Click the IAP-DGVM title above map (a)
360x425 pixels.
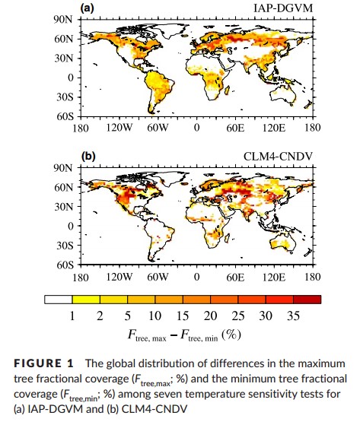[x=283, y=8]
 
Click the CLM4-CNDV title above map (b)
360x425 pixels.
[x=279, y=157]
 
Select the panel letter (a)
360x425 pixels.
[x=87, y=8]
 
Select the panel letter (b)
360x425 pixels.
[x=88, y=157]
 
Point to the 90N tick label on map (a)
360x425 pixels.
[x=63, y=20]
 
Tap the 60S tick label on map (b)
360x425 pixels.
[x=65, y=265]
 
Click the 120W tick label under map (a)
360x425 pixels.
[x=119, y=127]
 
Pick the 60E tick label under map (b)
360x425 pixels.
[x=235, y=278]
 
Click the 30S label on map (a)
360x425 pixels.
[x=65, y=97]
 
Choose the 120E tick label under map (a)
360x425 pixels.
[x=274, y=127]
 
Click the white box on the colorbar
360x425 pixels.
[x=59, y=300]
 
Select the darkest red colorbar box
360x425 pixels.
[x=307, y=300]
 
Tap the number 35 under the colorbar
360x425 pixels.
[x=293, y=316]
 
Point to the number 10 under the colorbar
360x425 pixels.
[x=155, y=316]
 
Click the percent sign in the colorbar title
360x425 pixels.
[x=231, y=335]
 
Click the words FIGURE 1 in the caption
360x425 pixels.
[x=43, y=363]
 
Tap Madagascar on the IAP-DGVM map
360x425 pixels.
[x=227, y=90]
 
